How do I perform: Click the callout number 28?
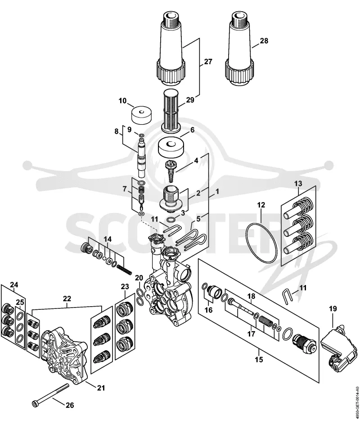coord(264,41)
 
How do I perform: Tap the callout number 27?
coord(208,62)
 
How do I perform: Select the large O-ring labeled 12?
coord(261,243)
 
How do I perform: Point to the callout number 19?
coord(333,309)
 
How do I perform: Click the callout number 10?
coord(122,101)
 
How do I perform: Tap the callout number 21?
coord(101,388)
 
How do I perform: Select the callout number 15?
coord(259,359)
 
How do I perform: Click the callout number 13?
coord(298,184)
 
